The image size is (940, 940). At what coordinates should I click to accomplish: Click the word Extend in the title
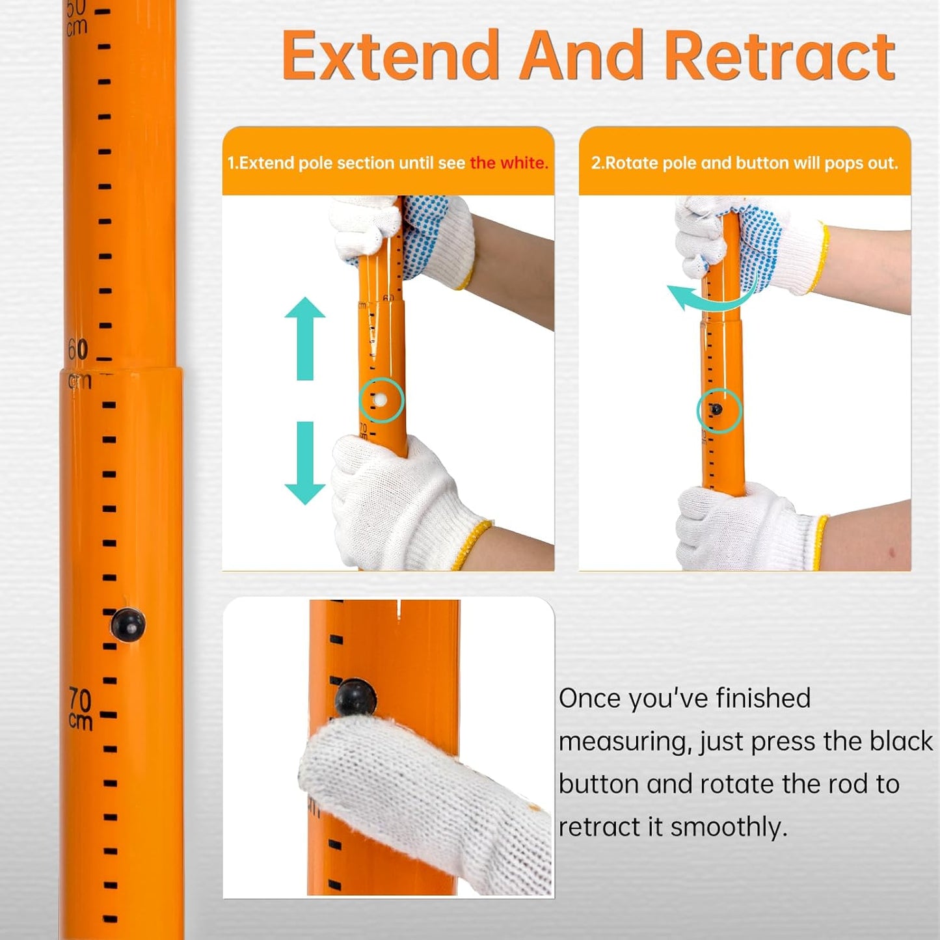[x=389, y=57]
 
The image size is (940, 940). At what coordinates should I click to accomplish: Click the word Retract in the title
[x=779, y=57]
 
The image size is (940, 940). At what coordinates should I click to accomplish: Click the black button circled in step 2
[x=716, y=409]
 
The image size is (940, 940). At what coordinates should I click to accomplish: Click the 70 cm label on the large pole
[x=80, y=709]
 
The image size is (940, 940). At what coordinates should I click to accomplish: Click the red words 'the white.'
[x=509, y=163]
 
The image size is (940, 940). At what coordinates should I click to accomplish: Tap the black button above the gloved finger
[x=355, y=697]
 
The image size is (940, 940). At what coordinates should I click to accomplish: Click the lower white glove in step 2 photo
[x=742, y=527]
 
